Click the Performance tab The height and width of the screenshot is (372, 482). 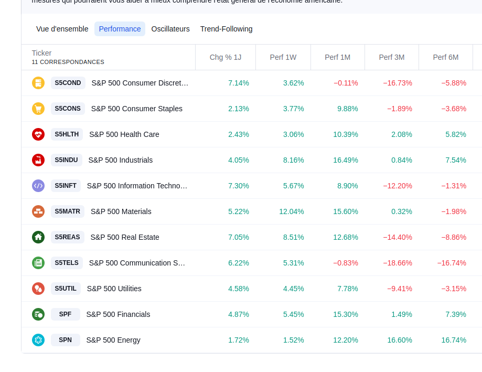pyautogui.click(x=120, y=29)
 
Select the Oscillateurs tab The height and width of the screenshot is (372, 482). pyautogui.click(x=170, y=29)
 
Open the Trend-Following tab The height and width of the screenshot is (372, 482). pyautogui.click(x=226, y=29)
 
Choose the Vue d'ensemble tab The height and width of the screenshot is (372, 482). pyautogui.click(x=62, y=29)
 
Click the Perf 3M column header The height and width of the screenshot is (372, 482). pyautogui.click(x=392, y=57)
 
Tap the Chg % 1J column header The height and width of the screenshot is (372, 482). pyautogui.click(x=226, y=57)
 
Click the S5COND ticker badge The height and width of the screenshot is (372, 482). pyautogui.click(x=68, y=83)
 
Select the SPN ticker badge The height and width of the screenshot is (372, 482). pyautogui.click(x=65, y=340)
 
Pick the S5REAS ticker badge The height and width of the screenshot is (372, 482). pyautogui.click(x=67, y=237)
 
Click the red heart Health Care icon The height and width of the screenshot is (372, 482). pyautogui.click(x=38, y=134)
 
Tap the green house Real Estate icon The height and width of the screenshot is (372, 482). pyautogui.click(x=38, y=237)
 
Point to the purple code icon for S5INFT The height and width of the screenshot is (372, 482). pyautogui.click(x=38, y=186)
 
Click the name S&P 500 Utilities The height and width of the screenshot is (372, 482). pyautogui.click(x=114, y=289)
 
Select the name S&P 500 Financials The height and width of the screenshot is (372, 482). pyautogui.click(x=118, y=314)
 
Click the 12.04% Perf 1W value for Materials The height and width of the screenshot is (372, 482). pyautogui.click(x=292, y=211)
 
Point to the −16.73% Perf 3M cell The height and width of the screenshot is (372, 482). pyautogui.click(x=398, y=83)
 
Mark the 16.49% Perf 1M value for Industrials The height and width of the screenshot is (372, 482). pyautogui.click(x=346, y=160)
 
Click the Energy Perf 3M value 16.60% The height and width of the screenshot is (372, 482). pyautogui.click(x=400, y=340)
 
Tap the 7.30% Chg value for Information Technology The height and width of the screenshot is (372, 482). pyautogui.click(x=239, y=186)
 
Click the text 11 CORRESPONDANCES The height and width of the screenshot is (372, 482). pyautogui.click(x=68, y=62)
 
